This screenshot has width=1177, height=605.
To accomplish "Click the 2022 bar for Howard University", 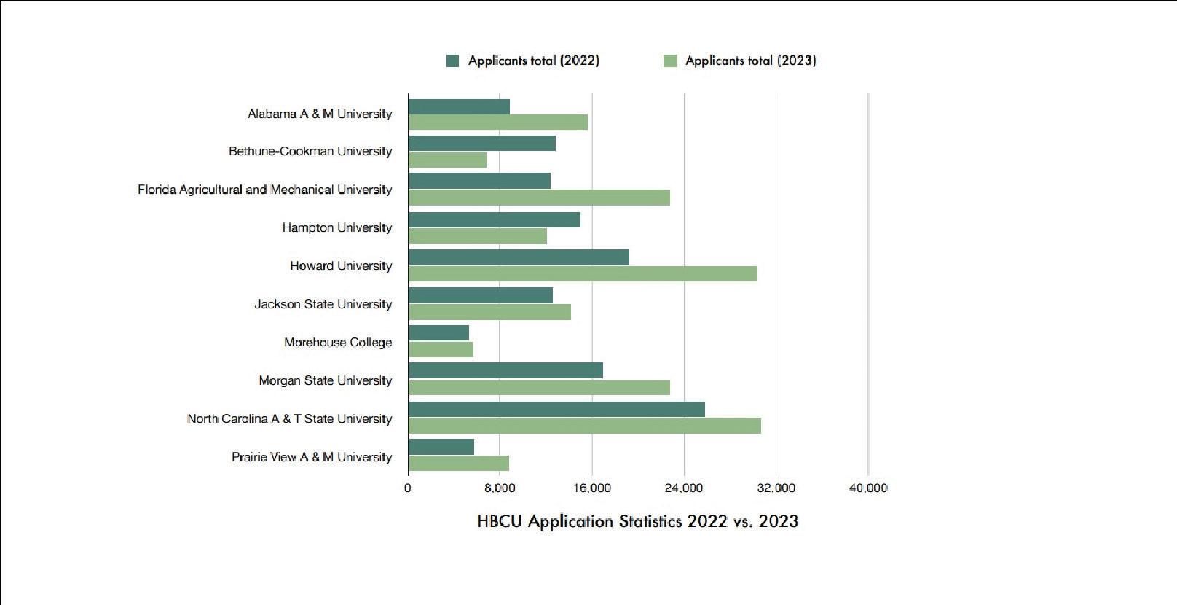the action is pos(519,257).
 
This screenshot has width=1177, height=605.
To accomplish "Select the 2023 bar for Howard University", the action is pos(583,273).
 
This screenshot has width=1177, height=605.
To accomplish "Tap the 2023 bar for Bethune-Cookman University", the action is pos(447,160).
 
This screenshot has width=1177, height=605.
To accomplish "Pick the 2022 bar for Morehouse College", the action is pos(438,333).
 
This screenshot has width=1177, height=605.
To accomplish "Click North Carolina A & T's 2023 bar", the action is pos(585,426).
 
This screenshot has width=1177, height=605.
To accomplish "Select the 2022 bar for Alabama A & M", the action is pos(460,107).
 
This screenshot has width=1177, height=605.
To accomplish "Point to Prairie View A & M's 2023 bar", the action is pos(459,464).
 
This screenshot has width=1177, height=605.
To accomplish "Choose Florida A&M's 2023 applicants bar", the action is pos(539,198).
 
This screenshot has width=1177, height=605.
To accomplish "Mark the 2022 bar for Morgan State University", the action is pos(505,370).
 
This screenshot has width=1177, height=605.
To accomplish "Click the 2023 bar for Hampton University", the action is pos(478,236).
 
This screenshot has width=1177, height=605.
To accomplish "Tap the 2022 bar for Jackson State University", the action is pos(481,295).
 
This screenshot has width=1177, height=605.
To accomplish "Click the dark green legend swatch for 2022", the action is pos(452,60).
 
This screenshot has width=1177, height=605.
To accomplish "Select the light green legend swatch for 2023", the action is pos(670,60).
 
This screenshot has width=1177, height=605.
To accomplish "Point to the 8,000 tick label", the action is pos(500,488).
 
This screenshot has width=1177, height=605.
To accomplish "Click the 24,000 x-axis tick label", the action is pos(684,488).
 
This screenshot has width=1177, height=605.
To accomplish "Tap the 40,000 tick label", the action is pos(868,488).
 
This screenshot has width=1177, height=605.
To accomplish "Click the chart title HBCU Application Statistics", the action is pos(637,521).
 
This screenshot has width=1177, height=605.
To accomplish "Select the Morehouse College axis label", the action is pos(338,342).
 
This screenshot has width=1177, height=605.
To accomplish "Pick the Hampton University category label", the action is pos(336,227).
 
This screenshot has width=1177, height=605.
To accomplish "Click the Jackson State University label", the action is pos(323,304).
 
